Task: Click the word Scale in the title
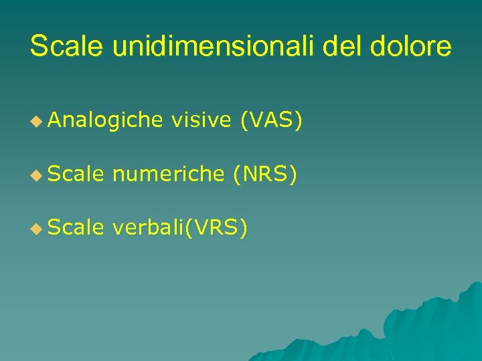click(68, 47)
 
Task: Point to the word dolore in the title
click(412, 47)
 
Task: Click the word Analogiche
click(105, 120)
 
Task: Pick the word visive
click(201, 120)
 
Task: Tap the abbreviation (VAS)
click(272, 120)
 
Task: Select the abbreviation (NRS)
click(264, 174)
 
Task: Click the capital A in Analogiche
click(54, 120)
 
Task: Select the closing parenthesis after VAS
click(299, 121)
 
